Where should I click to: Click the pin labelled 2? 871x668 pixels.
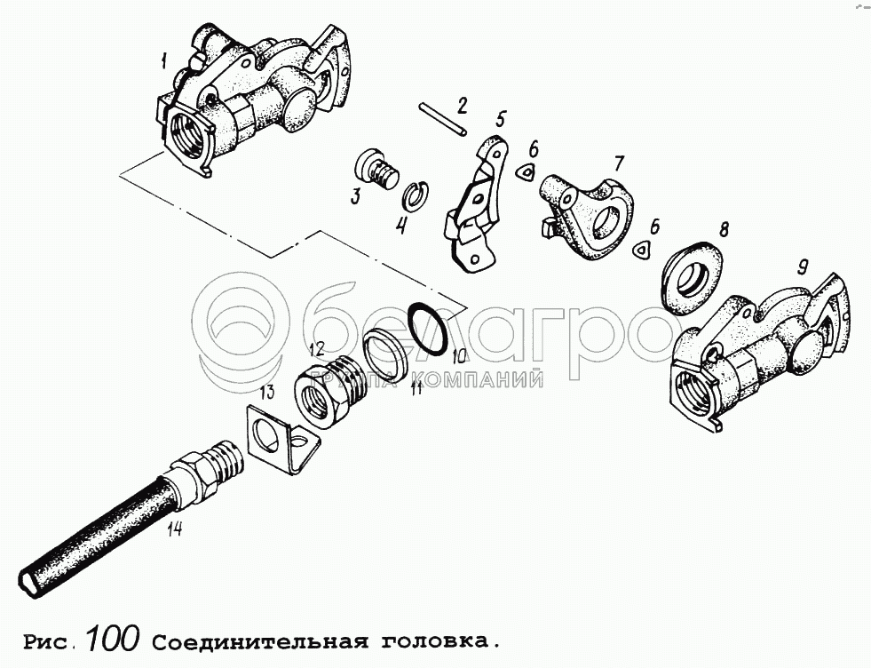(444, 118)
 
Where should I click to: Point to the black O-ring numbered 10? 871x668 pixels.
(426, 329)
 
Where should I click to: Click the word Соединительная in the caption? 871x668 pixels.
(260, 642)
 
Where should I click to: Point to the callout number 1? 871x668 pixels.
(163, 60)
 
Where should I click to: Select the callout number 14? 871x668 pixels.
(174, 529)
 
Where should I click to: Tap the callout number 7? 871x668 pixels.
(619, 163)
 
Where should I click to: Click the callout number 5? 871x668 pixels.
(501, 119)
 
